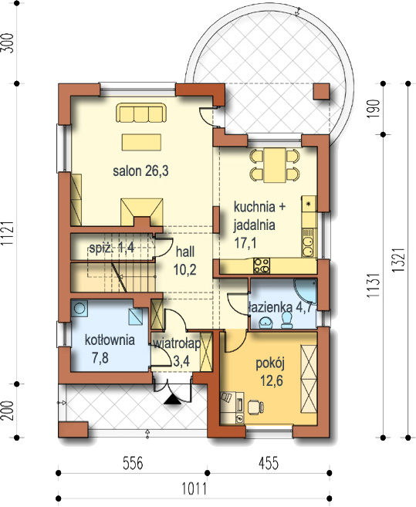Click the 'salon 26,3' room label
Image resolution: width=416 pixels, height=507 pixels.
coord(140,171)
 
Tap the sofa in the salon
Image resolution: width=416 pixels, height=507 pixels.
coord(141,113)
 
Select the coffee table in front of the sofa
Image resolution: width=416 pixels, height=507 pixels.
coord(141,142)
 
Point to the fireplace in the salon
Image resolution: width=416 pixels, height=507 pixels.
coord(142,212)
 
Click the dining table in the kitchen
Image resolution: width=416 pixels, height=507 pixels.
coord(275,165)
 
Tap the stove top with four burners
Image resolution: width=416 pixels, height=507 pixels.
coord(262,265)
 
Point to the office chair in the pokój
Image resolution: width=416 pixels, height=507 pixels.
coord(255,407)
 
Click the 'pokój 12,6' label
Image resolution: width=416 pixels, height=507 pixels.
coord(270,372)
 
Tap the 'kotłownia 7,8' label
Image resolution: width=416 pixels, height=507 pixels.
coord(110,349)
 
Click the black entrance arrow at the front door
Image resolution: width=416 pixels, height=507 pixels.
coord(173,401)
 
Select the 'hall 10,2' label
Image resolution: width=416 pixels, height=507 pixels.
coord(185,260)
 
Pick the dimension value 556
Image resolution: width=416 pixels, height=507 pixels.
coord(133,463)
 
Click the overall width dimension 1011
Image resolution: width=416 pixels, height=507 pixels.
coord(194,488)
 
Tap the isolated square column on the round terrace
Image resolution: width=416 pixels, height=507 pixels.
coord(322,92)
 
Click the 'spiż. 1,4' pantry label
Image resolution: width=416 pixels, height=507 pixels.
coord(112,248)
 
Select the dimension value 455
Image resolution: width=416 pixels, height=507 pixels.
coord(269,463)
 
